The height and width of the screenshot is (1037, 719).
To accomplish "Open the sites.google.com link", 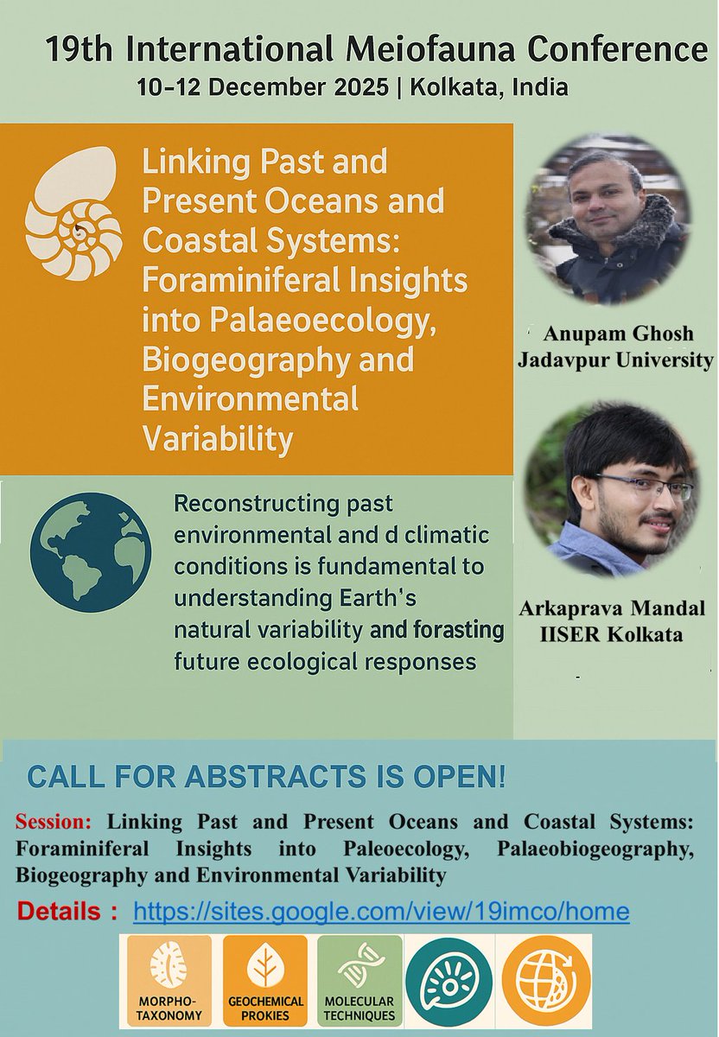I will pyautogui.click(x=380, y=911).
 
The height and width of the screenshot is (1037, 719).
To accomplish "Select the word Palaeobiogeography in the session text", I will pyautogui.click(x=596, y=847).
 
